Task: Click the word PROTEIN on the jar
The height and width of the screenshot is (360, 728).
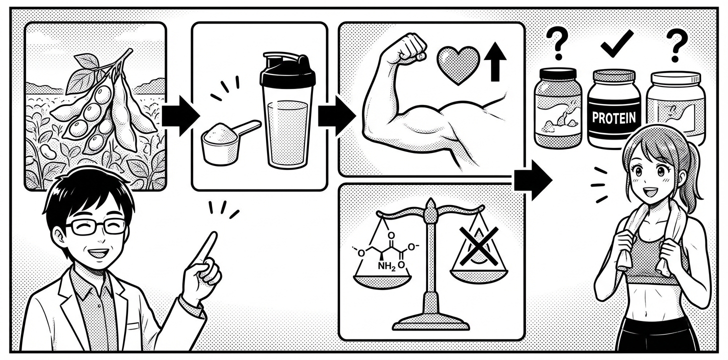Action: coord(614,117)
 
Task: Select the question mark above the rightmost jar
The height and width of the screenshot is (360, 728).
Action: coord(676,45)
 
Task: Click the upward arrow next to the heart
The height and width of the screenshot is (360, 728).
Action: coord(495,61)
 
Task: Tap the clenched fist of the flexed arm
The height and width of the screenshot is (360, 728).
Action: coord(409,48)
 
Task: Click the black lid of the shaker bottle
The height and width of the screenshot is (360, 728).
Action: coord(287,70)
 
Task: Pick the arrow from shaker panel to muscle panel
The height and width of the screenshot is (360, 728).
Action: coord(336,115)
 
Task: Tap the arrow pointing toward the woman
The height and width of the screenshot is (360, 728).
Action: coord(533,180)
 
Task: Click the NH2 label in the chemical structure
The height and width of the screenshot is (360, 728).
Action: coord(387,267)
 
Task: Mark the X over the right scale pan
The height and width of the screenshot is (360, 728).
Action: coord(478,245)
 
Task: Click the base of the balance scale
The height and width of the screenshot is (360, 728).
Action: coord(431,321)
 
